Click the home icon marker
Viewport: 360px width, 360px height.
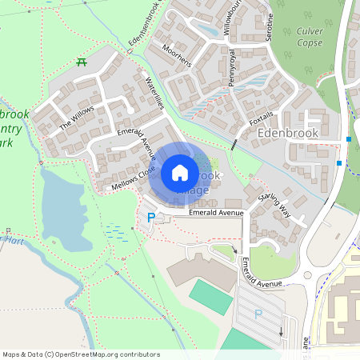[180, 171]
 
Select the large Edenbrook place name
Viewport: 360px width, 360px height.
[289, 133]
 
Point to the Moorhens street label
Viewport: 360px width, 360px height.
[176, 56]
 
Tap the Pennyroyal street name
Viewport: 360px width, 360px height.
[233, 67]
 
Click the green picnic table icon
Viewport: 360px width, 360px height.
[81, 62]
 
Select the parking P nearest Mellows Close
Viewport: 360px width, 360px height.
[150, 217]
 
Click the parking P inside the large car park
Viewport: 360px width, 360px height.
[258, 314]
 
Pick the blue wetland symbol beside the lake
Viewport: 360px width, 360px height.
[115, 233]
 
